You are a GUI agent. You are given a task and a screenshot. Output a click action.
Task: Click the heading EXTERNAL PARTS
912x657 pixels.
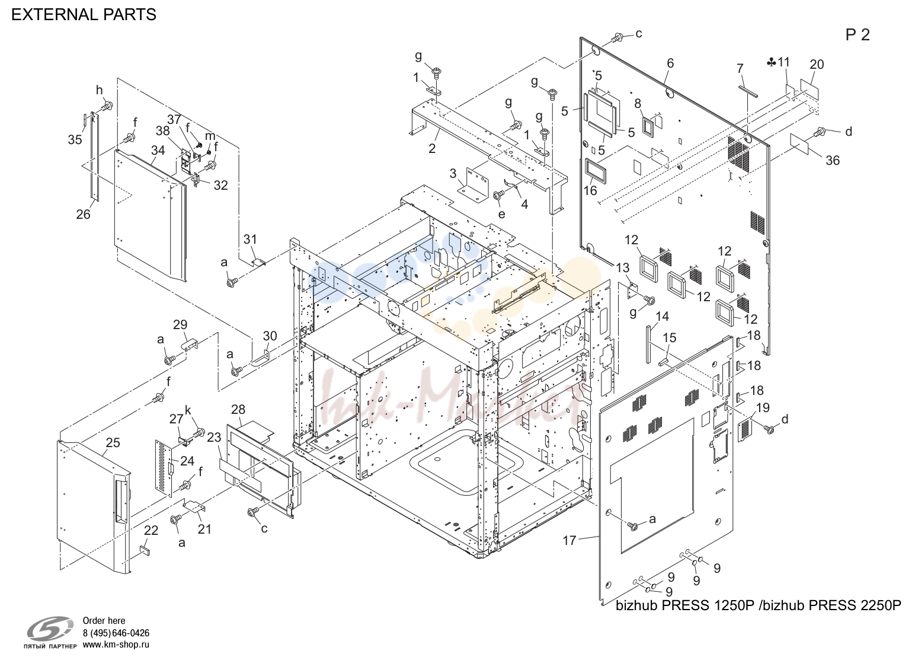tap(84, 15)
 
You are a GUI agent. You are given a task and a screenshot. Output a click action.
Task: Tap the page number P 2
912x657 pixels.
tap(857, 35)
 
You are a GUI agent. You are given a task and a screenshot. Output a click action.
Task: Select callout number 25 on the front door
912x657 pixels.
tap(113, 442)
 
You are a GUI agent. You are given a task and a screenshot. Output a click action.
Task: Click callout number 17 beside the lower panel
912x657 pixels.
tap(569, 541)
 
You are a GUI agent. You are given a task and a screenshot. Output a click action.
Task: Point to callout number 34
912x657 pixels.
tap(158, 150)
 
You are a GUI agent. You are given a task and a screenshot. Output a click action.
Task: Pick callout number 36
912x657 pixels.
tap(833, 161)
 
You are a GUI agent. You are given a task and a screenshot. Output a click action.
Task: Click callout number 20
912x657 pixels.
tap(817, 65)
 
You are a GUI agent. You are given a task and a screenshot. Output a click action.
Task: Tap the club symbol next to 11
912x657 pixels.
tap(771, 63)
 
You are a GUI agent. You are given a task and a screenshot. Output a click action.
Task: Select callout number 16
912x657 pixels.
tap(590, 190)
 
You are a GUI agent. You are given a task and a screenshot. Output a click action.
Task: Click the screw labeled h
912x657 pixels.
tap(107, 107)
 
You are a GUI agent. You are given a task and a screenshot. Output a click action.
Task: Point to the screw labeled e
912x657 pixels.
tap(497, 196)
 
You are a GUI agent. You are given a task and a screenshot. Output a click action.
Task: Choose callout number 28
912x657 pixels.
tap(238, 409)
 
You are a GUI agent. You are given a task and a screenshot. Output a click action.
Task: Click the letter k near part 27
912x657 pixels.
tap(188, 410)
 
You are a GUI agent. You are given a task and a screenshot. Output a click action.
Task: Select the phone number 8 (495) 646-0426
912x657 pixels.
tap(116, 633)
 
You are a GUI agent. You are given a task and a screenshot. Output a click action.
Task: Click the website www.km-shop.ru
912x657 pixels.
tap(116, 645)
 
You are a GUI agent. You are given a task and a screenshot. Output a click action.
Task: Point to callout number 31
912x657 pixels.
tap(251, 239)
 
